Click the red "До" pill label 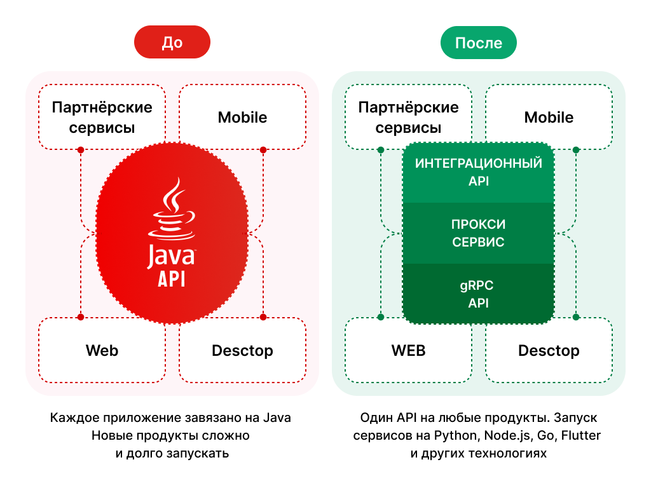pos(172,43)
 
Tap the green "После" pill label pos(478,43)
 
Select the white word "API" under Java pos(171,278)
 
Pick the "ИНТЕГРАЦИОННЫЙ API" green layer pos(478,172)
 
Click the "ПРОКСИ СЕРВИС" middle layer pos(478,233)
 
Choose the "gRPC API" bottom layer pos(478,294)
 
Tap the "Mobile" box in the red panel pos(242,118)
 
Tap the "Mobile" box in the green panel pos(549,118)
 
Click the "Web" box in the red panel pos(102,351)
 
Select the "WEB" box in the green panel pos(408,351)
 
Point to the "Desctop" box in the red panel pos(242,351)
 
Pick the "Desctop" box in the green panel pos(549,351)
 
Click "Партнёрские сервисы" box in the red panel pos(102,118)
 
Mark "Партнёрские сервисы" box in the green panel pos(408,118)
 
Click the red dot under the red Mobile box pos(263,150)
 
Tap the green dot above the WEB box pos(380,316)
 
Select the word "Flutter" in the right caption pos(581,436)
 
